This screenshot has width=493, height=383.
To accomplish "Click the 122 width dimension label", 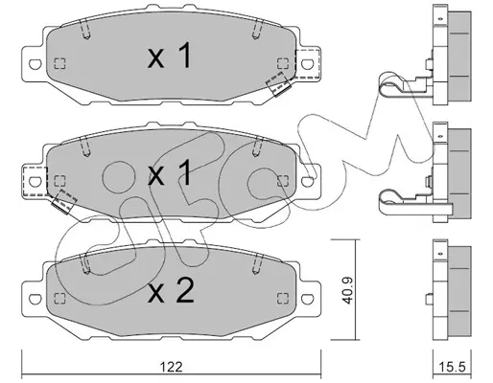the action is [171, 367].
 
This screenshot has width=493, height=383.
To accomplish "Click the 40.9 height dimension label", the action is [348, 290].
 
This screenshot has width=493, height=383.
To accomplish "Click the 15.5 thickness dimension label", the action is [452, 367].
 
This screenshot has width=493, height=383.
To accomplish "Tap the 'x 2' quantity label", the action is [171, 290].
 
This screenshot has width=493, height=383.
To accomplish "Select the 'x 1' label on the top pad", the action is [170, 56].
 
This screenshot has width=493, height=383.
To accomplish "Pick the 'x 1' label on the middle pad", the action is [170, 172].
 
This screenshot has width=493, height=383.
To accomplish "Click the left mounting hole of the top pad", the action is [35, 64].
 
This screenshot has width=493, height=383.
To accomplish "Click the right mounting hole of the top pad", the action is [307, 64].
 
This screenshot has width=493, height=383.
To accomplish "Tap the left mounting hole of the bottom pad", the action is [35, 299].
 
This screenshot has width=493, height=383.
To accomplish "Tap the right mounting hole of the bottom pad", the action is [307, 299].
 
